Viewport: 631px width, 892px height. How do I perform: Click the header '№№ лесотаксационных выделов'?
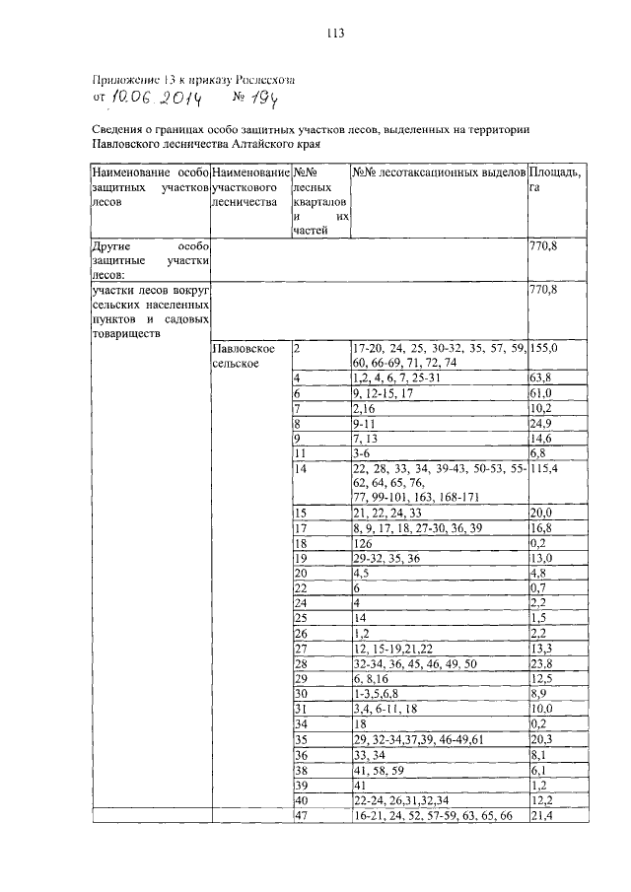(x=439, y=172)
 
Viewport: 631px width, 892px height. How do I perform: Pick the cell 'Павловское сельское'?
(x=237, y=357)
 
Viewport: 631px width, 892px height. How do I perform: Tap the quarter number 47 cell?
(x=302, y=817)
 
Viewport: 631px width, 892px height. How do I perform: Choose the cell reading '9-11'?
(x=366, y=425)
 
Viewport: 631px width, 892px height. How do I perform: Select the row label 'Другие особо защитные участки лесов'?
(x=148, y=259)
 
